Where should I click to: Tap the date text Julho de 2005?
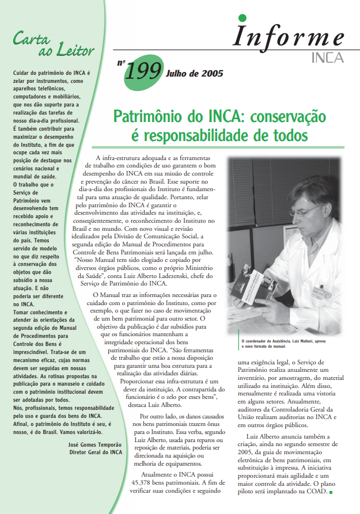194,73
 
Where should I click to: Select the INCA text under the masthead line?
327,57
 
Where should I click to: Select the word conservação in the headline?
286,117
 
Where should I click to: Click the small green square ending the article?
331,492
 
